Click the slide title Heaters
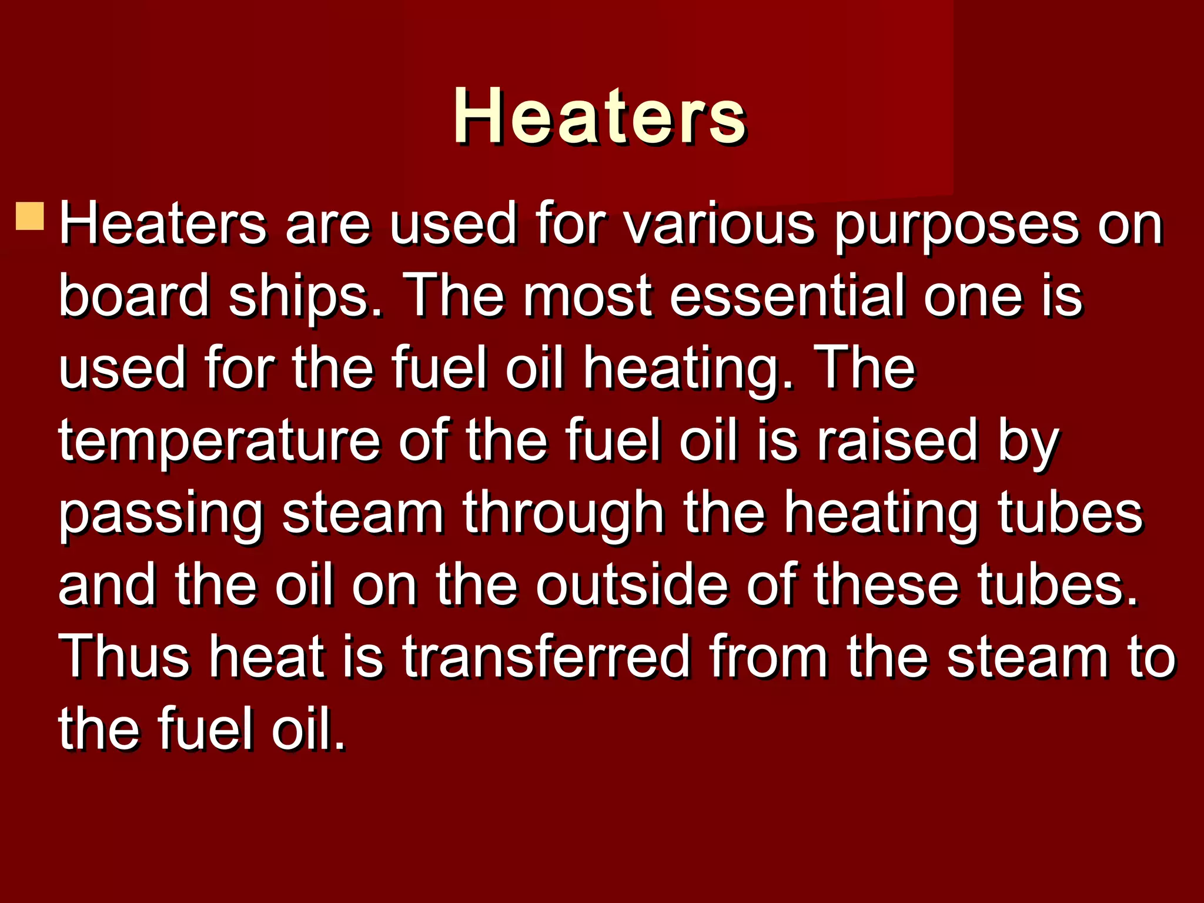[x=600, y=115]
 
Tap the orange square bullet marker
[x=30, y=216]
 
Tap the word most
[x=588, y=296]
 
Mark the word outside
[x=631, y=584]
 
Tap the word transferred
[x=546, y=657]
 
